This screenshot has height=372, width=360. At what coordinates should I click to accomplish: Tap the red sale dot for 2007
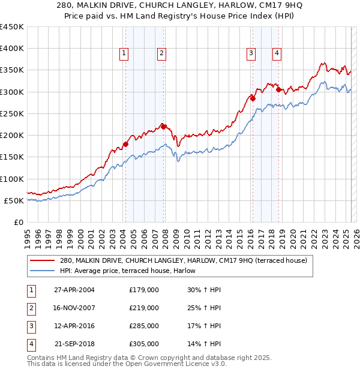pos(163,126)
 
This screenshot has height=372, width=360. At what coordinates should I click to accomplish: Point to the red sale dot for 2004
pos(126,144)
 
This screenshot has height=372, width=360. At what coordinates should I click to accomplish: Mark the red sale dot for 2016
pos(253,98)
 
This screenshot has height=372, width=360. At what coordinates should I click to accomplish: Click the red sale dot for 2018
pos(278,89)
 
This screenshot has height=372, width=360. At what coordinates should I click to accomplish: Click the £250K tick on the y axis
pos(12,113)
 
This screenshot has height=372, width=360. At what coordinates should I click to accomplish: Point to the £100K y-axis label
pos(12,179)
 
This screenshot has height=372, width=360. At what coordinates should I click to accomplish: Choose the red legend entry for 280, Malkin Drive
pos(184,260)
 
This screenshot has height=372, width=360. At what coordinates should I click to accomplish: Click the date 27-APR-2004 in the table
pos(74,290)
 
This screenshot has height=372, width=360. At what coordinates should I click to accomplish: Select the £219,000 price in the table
pos(144,308)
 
